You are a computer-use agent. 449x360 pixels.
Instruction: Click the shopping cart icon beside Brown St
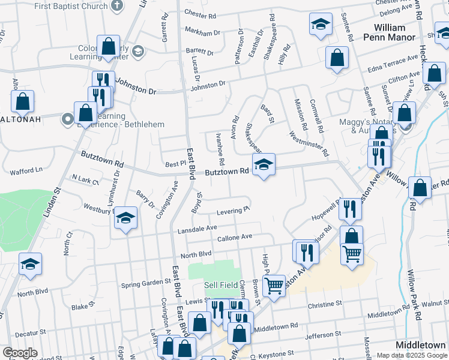click(274, 286)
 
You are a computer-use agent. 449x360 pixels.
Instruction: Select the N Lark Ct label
click(85, 179)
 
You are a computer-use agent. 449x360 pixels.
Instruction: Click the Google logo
click(20, 353)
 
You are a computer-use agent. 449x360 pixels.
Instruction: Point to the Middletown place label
click(421, 345)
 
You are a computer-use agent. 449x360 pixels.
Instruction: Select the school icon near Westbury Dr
click(125, 218)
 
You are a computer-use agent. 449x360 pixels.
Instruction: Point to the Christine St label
click(325, 305)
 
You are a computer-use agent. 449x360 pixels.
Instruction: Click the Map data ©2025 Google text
click(411, 355)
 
